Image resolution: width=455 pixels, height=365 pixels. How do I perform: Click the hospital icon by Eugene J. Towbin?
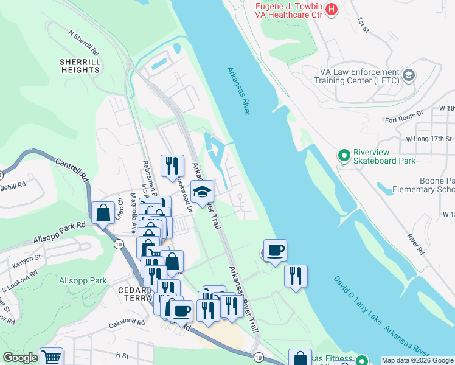point(332,9)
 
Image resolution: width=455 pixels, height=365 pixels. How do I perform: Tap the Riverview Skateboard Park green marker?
point(345,156)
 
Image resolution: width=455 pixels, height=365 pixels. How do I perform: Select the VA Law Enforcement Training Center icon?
point(409,75)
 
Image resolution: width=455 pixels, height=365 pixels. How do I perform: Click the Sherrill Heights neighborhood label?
point(80,66)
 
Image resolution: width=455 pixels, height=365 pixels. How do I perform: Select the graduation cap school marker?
point(202,192)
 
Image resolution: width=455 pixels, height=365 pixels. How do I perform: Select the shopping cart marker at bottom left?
point(52,358)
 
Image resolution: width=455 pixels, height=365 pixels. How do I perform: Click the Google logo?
point(20,358)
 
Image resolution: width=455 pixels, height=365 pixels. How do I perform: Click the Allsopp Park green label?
point(83,281)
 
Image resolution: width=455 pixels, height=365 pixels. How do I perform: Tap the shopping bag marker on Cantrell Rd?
point(103,213)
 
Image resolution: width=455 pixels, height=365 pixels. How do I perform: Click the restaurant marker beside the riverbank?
point(296,276)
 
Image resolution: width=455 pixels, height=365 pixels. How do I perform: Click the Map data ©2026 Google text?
point(417,360)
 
